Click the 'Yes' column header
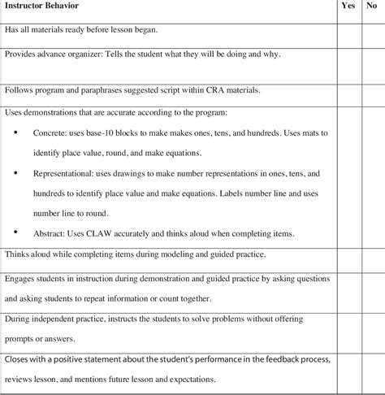point(348,6)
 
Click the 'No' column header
point(371,6)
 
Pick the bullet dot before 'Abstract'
point(17,234)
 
